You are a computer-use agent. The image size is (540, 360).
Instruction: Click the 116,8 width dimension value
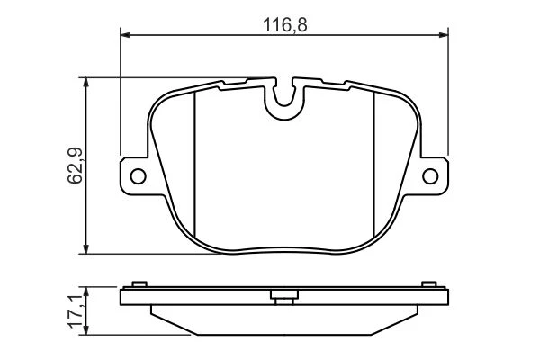[284, 25]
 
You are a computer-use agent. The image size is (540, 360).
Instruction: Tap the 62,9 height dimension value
[75, 166]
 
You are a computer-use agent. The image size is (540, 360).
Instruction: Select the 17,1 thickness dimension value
[76, 311]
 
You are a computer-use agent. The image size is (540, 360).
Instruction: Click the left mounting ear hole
[138, 176]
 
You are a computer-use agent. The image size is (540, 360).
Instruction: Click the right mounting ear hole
[430, 176]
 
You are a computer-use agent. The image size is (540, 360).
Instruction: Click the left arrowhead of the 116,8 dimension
[125, 35]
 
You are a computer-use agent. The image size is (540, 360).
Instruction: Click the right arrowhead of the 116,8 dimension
[444, 35]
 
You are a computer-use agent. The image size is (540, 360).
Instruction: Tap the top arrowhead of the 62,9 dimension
[86, 83]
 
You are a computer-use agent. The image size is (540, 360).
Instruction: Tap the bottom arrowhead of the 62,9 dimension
[86, 249]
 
